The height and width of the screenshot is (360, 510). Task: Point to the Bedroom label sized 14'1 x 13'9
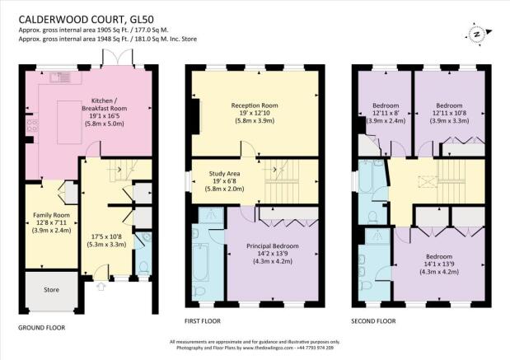click(x=437, y=256)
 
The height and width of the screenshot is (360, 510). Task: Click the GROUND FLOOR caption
click(x=41, y=327)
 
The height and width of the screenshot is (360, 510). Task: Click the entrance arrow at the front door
click(x=102, y=287)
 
